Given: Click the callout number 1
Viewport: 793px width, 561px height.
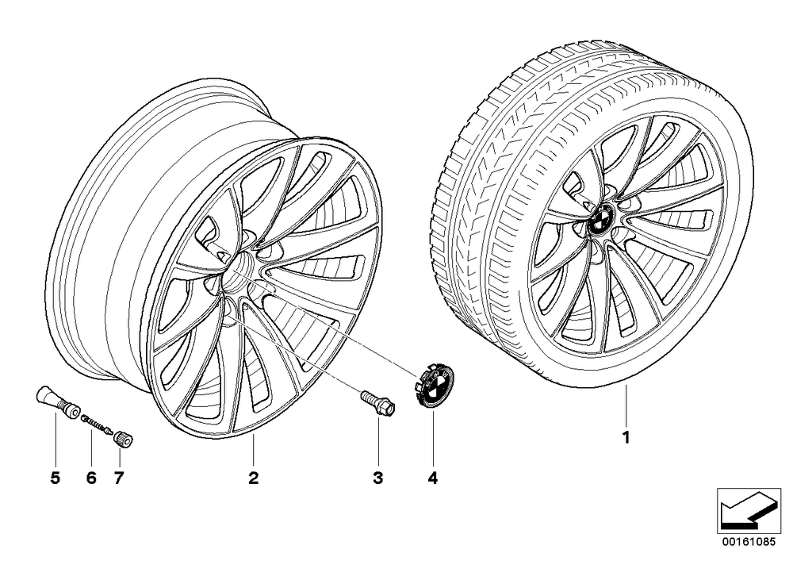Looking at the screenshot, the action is coord(626,437).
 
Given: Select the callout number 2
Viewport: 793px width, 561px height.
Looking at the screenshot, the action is coord(254,478).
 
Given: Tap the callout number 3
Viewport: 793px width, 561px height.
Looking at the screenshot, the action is coord(377,478).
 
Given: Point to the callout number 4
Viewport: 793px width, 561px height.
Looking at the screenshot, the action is coord(432,478).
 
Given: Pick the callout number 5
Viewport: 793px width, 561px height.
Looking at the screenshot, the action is coord(56,478).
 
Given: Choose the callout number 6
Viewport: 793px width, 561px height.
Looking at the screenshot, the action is coord(91,478).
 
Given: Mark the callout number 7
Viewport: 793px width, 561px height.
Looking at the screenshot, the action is coord(119,478).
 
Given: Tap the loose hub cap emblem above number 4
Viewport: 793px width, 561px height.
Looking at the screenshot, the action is coord(435,386).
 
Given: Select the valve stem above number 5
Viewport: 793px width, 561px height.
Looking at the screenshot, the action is coord(57,402).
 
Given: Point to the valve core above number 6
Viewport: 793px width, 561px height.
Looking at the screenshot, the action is coord(98,424).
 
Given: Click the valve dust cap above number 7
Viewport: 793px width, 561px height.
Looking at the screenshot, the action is coord(124,438).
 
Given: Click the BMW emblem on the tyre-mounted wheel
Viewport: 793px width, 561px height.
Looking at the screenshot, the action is coord(602,218).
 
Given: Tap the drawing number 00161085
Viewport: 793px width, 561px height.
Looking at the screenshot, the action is coord(748,541).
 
